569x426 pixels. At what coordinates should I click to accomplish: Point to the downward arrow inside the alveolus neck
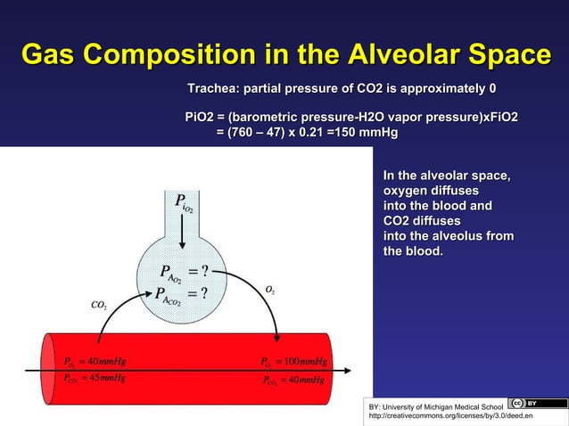point(182,237)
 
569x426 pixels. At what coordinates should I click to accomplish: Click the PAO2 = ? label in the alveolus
point(184,272)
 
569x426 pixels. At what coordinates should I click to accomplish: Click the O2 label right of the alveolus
point(269,290)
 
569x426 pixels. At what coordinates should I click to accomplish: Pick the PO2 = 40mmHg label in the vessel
point(94,362)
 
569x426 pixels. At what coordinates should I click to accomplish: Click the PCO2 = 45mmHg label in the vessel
point(94,378)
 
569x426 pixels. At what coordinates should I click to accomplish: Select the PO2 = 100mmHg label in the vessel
point(294,362)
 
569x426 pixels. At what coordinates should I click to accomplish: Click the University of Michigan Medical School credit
point(437,406)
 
